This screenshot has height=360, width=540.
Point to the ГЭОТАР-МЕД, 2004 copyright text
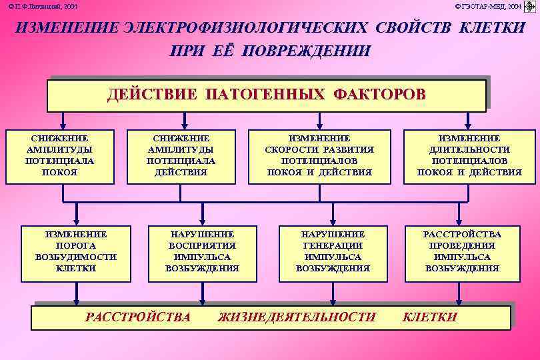click(489, 6)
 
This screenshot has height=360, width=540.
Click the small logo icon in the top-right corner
click(531, 7)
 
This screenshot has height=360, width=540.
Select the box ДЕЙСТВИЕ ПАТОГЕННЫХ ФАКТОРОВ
click(266, 95)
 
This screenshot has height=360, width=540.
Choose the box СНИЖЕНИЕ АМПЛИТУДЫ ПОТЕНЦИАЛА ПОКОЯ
click(59, 155)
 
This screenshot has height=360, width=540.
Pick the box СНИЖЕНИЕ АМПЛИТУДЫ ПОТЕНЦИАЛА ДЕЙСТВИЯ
click(181, 155)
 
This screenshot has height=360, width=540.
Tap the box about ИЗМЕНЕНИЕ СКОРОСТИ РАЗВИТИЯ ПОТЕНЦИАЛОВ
click(319, 155)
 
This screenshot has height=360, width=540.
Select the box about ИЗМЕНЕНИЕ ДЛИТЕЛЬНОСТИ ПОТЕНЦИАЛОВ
click(469, 155)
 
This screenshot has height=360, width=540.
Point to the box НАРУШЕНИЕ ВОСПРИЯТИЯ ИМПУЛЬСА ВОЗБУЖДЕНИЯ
click(202, 251)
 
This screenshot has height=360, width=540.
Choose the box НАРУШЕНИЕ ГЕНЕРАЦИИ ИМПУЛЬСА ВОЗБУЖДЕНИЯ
click(333, 251)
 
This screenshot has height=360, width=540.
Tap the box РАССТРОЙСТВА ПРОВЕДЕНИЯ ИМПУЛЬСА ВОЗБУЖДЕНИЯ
click(461, 251)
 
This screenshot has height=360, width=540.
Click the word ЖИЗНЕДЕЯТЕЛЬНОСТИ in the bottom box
click(297, 317)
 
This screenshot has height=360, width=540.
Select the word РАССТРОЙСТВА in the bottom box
click(138, 317)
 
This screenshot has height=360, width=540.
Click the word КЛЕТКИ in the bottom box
click(429, 317)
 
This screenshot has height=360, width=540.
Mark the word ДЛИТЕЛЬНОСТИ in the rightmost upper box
click(469, 150)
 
